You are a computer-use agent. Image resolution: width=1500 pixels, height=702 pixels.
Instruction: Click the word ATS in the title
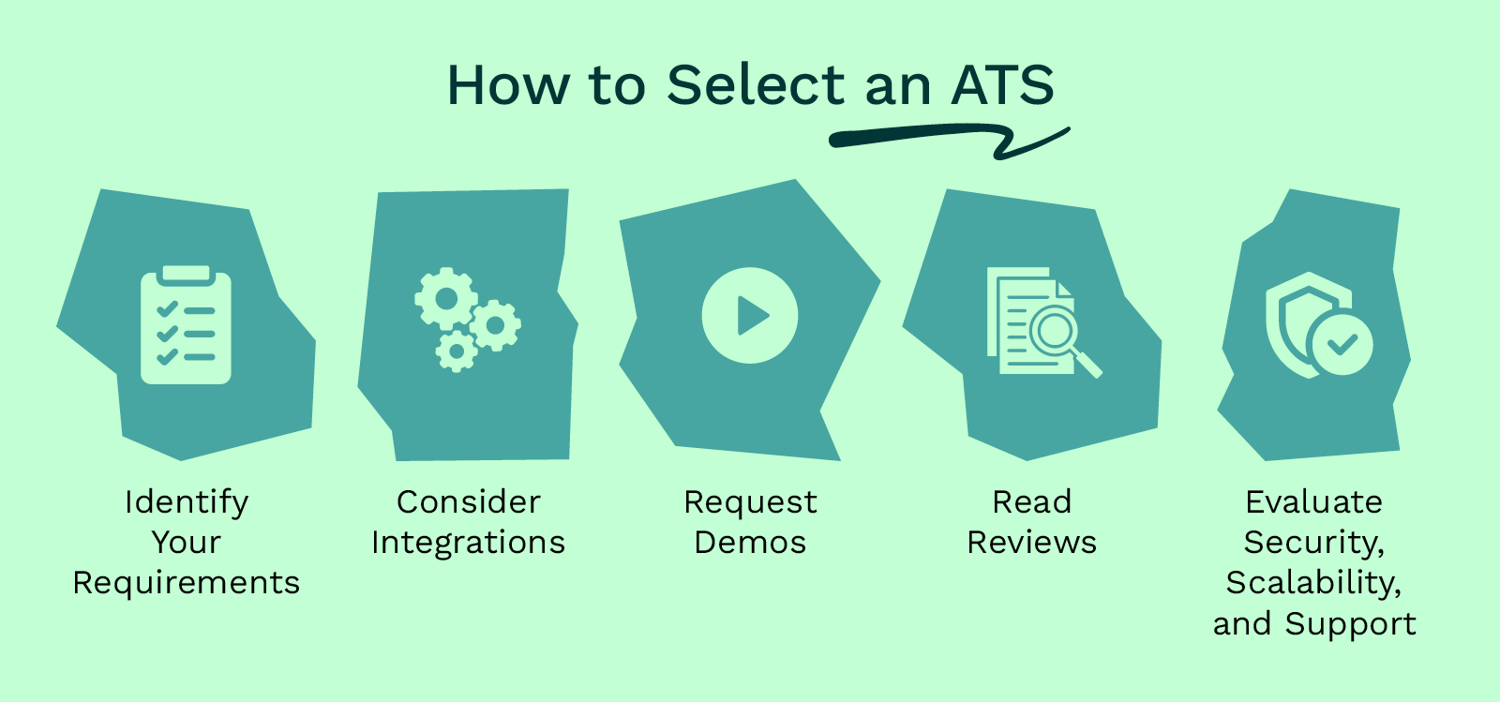coord(1002,85)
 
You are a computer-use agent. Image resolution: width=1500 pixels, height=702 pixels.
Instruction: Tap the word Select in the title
coord(756,85)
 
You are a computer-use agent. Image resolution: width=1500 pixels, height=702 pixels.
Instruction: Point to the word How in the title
coord(507,85)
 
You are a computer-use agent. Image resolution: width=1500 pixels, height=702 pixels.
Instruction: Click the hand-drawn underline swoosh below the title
coord(937,139)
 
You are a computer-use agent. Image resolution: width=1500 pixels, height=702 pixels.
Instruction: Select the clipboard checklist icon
coord(186,325)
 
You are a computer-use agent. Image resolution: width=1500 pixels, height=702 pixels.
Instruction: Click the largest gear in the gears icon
coord(445,298)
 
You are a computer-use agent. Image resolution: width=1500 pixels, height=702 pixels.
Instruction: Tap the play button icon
coord(750,315)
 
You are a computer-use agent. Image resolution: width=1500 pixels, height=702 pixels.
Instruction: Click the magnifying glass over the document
coord(1057,332)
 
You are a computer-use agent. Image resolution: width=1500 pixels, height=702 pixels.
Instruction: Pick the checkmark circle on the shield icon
coord(1342,344)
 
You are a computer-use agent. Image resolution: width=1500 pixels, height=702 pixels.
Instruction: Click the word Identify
coord(187,502)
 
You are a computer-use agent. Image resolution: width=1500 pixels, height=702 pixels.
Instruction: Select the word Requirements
coord(187,583)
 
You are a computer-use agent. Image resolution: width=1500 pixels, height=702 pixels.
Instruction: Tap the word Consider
coord(469,502)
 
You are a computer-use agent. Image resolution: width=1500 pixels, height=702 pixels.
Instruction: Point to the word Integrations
coord(469,543)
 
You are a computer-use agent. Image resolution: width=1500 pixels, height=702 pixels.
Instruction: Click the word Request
coord(750,502)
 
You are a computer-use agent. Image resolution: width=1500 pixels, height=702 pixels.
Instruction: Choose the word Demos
coord(750,543)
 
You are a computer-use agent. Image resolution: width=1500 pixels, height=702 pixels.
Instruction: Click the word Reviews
coord(1031,543)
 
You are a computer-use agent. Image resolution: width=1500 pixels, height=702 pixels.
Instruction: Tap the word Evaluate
coord(1313,502)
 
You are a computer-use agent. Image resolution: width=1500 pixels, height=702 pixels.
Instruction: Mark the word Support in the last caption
coord(1350,624)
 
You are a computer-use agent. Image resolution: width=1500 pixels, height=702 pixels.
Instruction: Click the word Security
coord(1312,543)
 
